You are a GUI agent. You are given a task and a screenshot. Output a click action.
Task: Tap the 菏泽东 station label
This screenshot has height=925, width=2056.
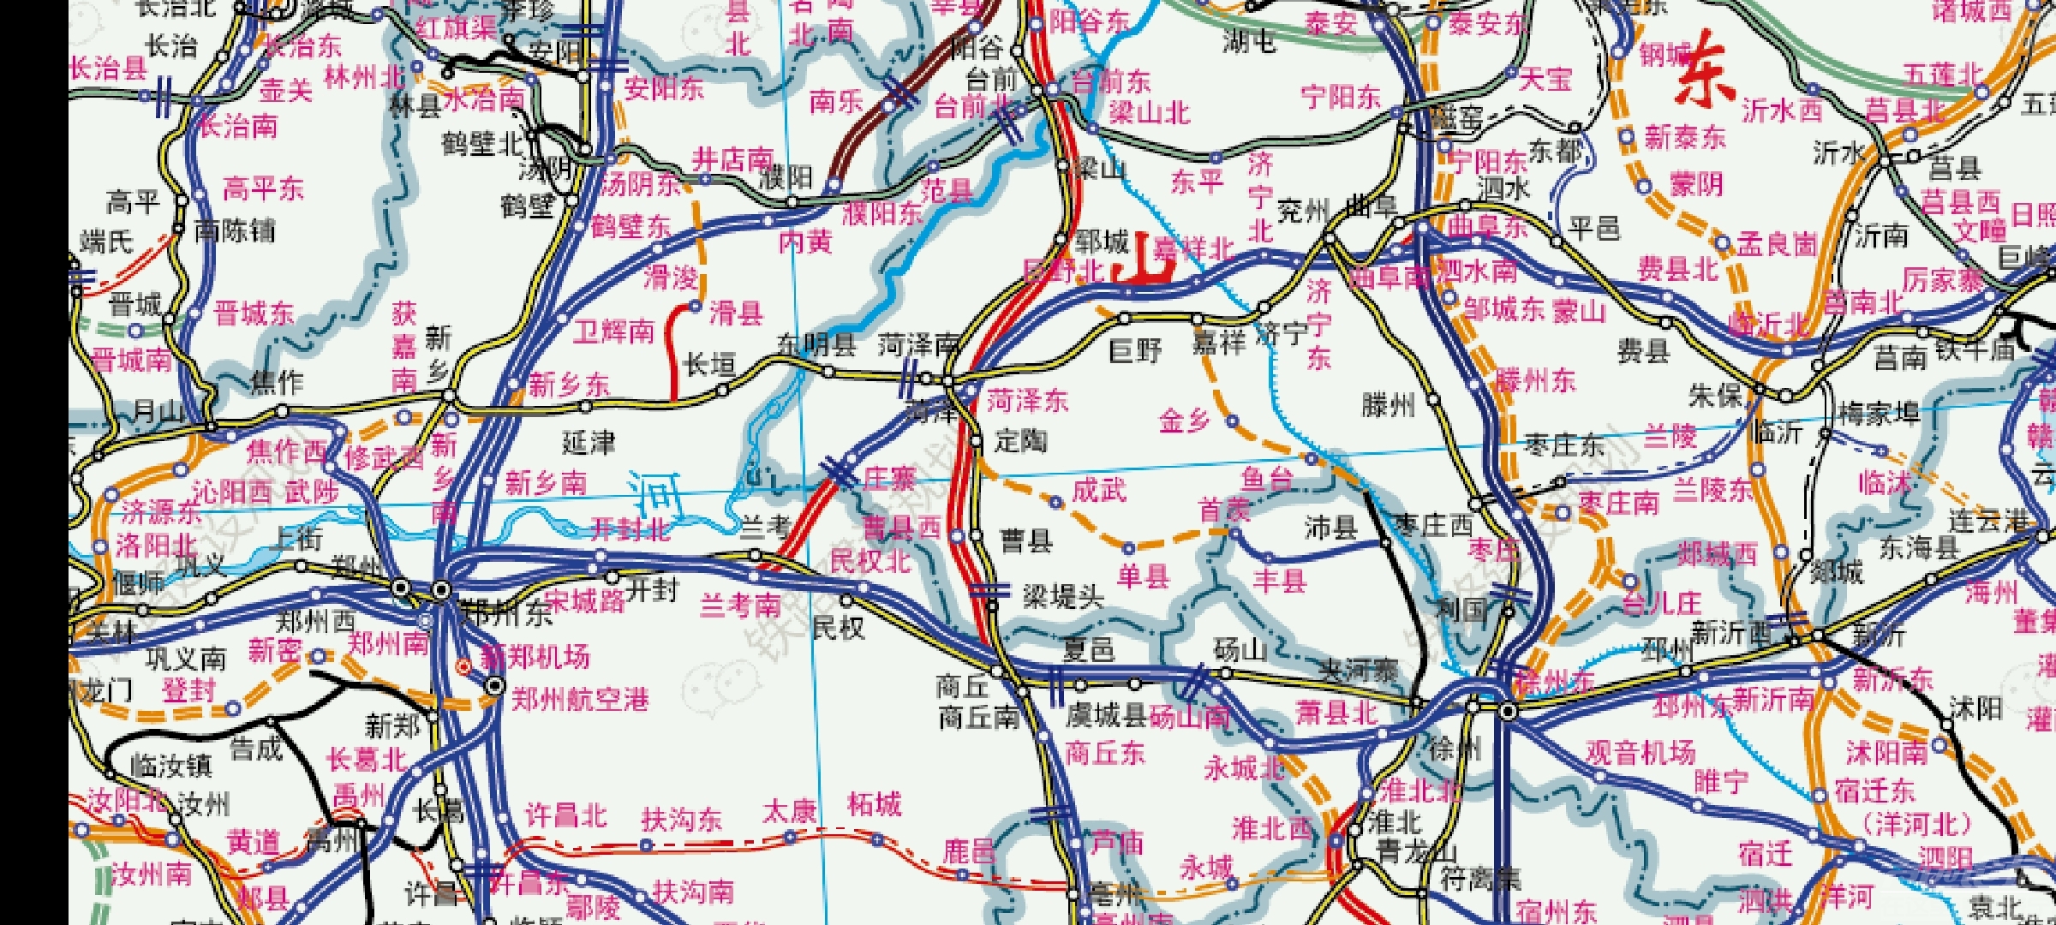[x=1027, y=400]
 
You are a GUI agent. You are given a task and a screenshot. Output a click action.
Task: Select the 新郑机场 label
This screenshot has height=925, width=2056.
[x=535, y=657]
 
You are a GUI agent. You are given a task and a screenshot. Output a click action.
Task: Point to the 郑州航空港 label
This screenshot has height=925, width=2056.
[x=580, y=700]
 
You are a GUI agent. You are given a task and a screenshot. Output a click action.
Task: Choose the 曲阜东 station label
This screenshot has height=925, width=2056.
[x=1488, y=227]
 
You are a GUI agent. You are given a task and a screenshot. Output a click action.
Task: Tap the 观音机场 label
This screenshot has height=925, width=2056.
[x=1640, y=752]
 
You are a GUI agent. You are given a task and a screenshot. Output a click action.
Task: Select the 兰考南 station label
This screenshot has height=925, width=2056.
[x=740, y=605]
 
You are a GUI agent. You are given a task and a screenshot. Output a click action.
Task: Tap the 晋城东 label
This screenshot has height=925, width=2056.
[x=254, y=313]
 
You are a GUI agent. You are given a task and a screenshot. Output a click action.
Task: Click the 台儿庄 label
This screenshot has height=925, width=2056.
[x=1661, y=603]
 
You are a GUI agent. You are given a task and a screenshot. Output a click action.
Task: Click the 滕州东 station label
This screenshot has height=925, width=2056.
[x=1535, y=380]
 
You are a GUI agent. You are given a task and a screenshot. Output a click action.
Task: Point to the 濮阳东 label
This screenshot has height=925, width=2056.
[x=882, y=213]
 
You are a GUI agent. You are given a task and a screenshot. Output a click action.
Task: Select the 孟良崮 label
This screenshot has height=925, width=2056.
[x=1777, y=244]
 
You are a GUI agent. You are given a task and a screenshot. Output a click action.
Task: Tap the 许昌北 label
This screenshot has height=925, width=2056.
[x=565, y=815]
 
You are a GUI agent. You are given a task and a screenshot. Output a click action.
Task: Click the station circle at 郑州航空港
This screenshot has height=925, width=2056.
[x=495, y=686]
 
